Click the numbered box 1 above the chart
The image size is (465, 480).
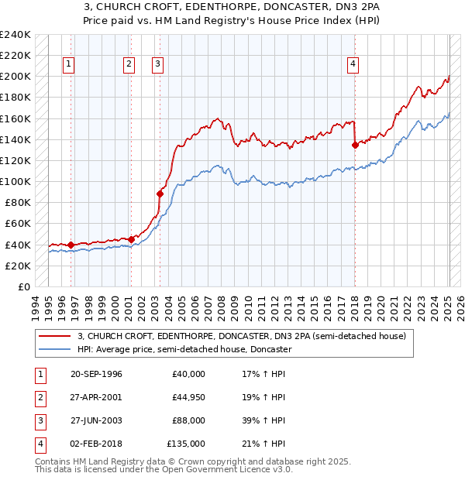tap(70, 64)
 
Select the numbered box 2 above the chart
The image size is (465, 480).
tap(128, 64)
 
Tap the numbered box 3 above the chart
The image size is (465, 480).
tap(157, 64)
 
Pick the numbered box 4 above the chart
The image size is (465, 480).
tap(353, 64)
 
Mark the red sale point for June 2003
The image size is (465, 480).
tap(160, 194)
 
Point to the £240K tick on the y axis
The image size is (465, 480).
tap(15, 35)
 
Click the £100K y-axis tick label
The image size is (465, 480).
tap(15, 181)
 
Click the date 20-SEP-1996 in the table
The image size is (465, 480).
tap(96, 374)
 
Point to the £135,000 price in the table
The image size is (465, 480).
tap(186, 444)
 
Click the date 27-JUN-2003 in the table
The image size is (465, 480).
tap(96, 420)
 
